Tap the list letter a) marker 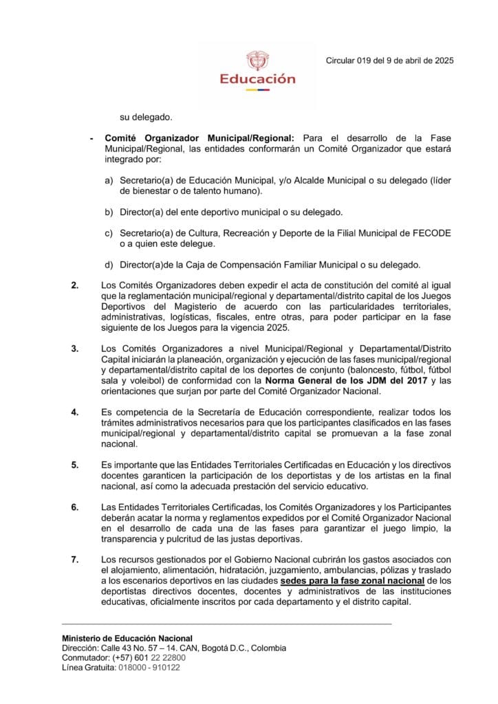pyautogui.click(x=109, y=180)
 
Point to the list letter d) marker pyautogui.click(x=109, y=265)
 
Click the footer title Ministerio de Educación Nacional pyautogui.click(x=127, y=639)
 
